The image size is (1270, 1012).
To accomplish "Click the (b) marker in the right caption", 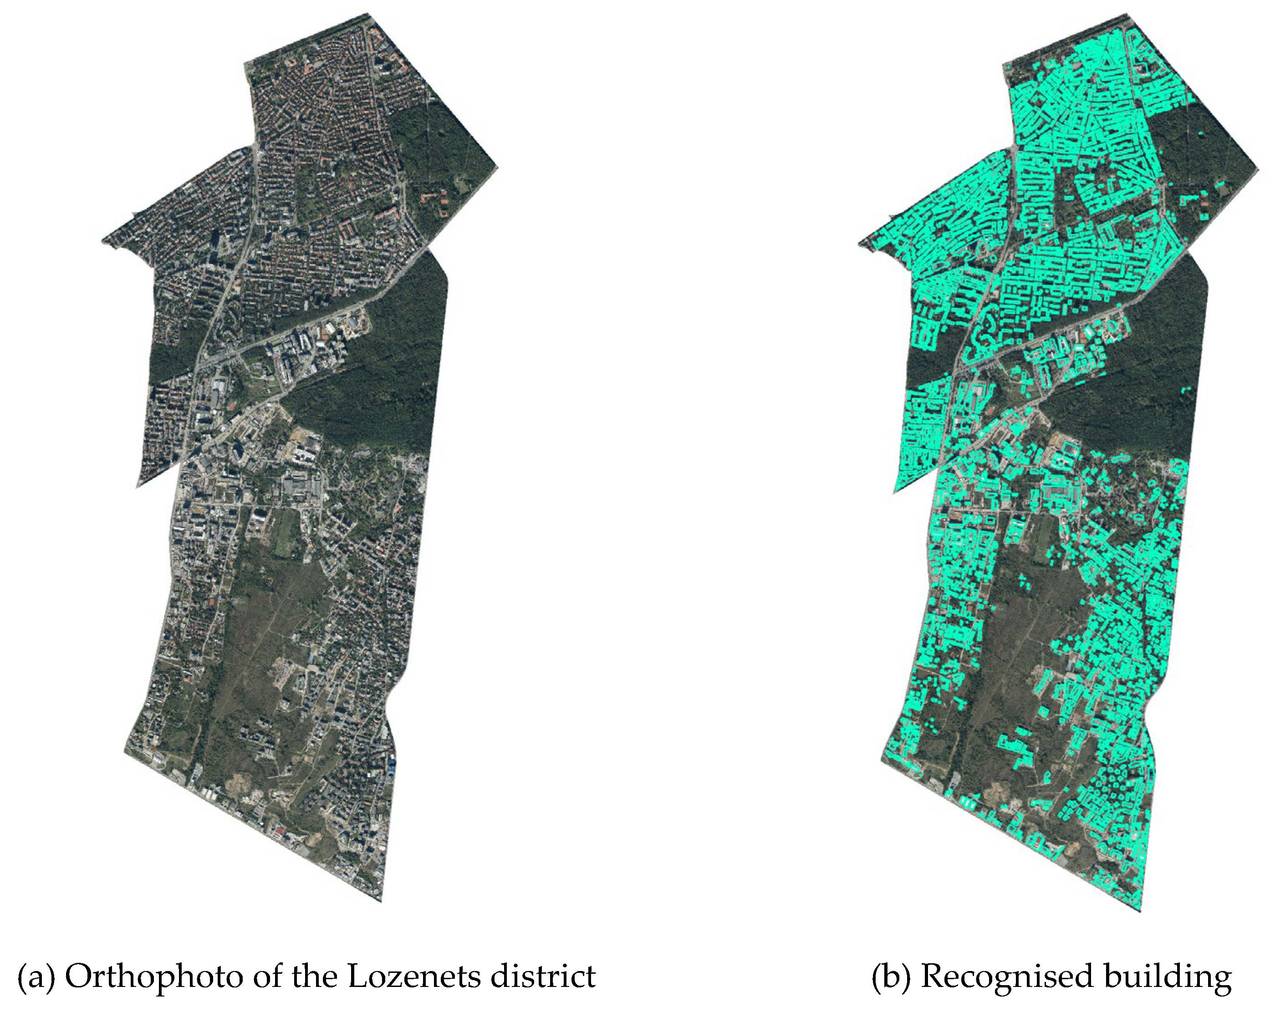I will click(890, 976).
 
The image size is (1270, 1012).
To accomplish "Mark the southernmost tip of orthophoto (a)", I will click(381, 901).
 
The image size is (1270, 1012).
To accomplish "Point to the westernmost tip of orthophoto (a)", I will click(102, 240).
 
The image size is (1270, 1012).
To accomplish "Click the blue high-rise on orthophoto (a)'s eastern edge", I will click(392, 767).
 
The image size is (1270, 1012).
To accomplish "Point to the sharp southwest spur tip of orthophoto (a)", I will click(137, 486).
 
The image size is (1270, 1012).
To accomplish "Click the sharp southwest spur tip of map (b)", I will click(895, 491).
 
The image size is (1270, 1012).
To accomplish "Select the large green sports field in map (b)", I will click(1043, 533).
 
